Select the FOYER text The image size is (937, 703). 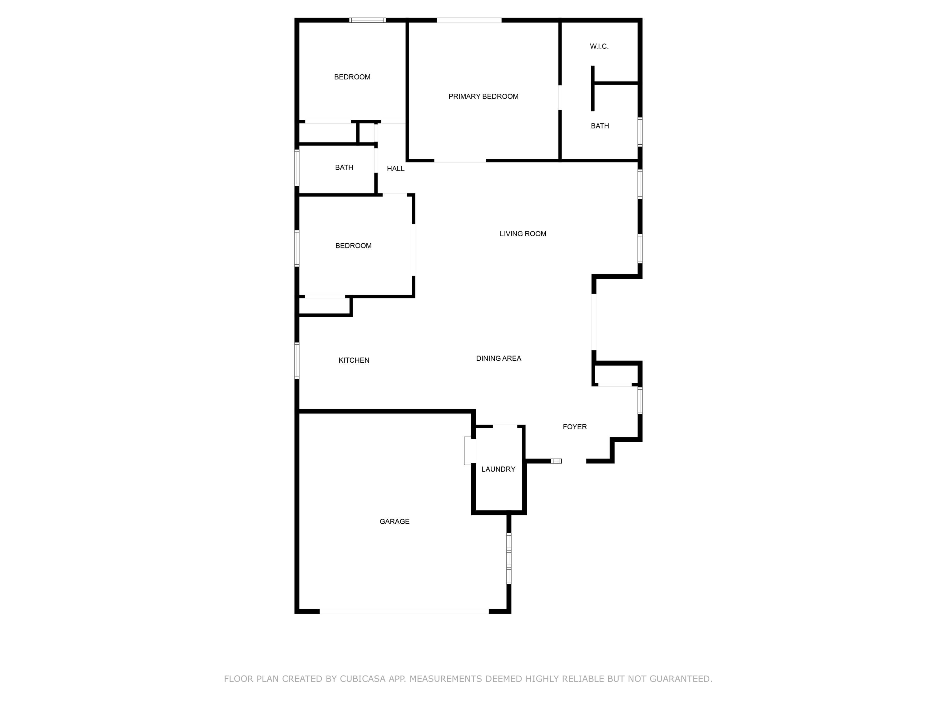tap(574, 427)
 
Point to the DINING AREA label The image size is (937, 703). tap(498, 358)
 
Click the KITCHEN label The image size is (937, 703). tap(354, 360)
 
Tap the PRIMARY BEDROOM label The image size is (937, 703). tap(483, 97)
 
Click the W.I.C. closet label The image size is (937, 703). tap(599, 46)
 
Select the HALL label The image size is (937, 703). tap(395, 169)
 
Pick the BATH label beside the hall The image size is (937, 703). tap(344, 167)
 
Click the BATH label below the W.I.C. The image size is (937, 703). tap(600, 126)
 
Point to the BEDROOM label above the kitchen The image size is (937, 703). tap(353, 246)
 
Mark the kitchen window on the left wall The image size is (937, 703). tap(297, 360)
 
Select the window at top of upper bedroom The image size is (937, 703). tap(367, 20)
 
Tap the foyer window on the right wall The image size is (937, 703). tap(640, 400)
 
